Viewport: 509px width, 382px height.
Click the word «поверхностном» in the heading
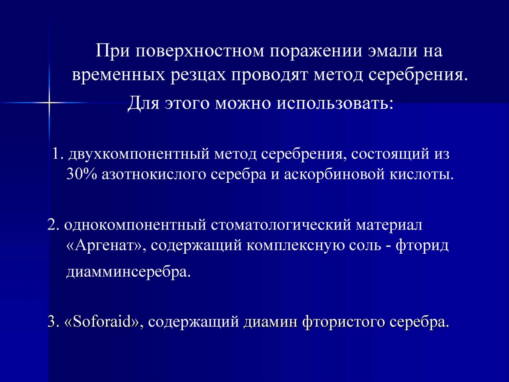coord(200,51)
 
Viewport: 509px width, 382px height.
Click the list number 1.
coord(58,154)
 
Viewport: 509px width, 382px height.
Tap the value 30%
coord(81,174)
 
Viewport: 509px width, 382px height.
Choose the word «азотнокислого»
coord(154,175)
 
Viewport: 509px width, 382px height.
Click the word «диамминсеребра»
coord(128,273)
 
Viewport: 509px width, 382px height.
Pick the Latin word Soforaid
coord(103,322)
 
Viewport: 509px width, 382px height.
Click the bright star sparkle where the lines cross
coord(49,102)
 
